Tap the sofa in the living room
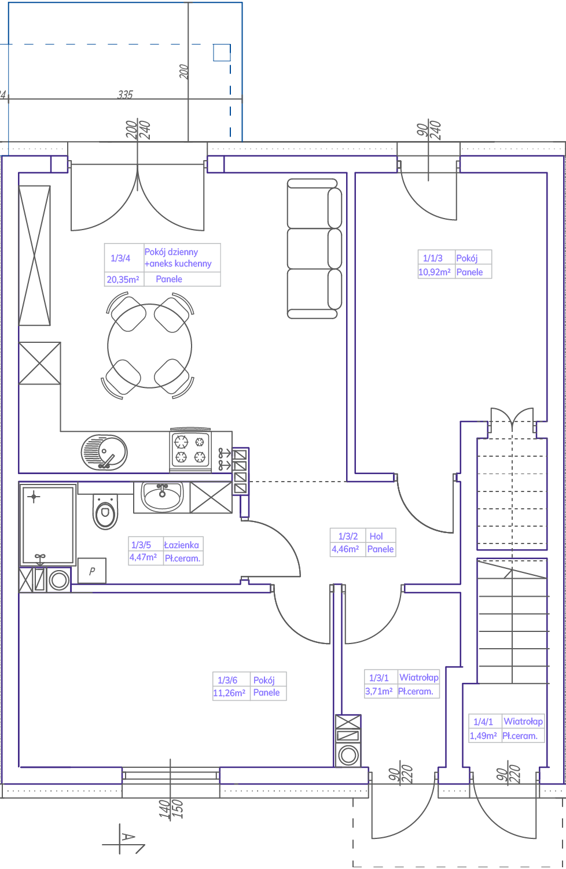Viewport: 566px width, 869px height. [314, 249]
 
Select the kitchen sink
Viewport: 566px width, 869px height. [104, 452]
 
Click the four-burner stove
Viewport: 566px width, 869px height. [190, 450]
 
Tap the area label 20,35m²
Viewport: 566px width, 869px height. [123, 279]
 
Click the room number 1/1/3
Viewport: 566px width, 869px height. [432, 258]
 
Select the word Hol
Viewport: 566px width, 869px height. [376, 536]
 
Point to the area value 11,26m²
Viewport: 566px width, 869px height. [229, 693]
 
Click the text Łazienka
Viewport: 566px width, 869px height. [181, 545]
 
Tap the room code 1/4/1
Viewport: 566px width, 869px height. [483, 722]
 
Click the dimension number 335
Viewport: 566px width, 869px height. [125, 95]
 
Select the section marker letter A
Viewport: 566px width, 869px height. [128, 837]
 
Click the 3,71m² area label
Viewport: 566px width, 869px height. [378, 691]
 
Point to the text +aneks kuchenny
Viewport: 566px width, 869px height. [178, 264]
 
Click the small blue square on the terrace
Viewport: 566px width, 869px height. [222, 53]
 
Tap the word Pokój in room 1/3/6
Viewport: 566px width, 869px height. [264, 681]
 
